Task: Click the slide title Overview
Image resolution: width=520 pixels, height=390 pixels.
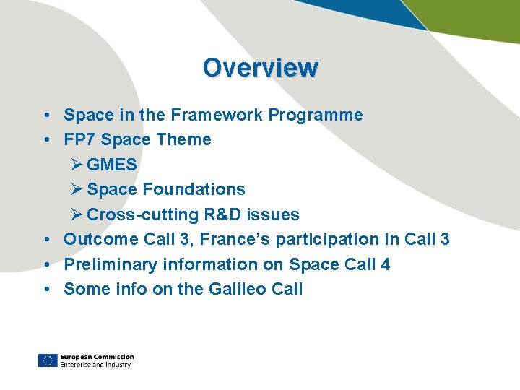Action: [260, 67]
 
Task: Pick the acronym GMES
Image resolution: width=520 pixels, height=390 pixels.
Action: [111, 165]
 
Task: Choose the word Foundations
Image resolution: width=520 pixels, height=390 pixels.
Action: [194, 189]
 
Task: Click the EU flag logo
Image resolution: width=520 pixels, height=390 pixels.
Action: [48, 360]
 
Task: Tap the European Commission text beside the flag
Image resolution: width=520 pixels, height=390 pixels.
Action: [97, 357]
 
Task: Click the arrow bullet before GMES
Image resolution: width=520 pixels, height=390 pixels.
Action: [77, 165]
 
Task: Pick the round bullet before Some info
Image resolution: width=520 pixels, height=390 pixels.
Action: [45, 289]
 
